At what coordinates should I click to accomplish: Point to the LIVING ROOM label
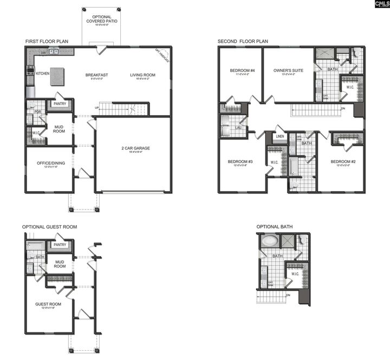coord(143,75)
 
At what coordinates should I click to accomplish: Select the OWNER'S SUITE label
coord(288,71)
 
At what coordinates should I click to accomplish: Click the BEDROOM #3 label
coord(241,162)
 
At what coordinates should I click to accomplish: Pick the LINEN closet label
coord(279,136)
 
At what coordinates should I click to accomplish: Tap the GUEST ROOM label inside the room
coord(49,304)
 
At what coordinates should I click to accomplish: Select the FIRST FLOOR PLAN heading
coord(47,41)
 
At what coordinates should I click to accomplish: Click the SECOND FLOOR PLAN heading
coord(243,41)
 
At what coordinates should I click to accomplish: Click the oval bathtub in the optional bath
coord(269,241)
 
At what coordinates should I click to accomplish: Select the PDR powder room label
coord(38,112)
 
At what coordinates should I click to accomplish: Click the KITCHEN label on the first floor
coord(43,73)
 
